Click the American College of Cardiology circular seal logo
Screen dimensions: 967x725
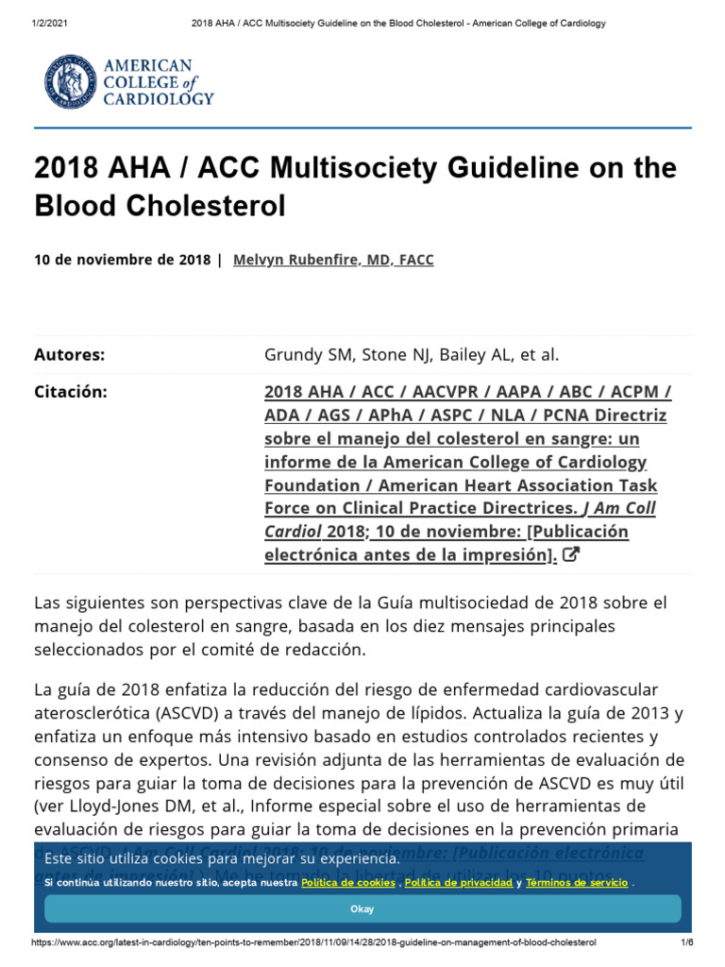pyautogui.click(x=69, y=81)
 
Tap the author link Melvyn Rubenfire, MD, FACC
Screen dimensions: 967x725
pyautogui.click(x=333, y=260)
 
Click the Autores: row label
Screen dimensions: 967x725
pyautogui.click(x=69, y=355)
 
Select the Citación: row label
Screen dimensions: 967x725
pyautogui.click(x=71, y=392)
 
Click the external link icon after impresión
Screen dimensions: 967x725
pyautogui.click(x=570, y=555)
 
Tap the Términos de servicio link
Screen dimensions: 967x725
pyautogui.click(x=576, y=882)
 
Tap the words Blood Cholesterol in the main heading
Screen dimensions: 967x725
pyautogui.click(x=160, y=207)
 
